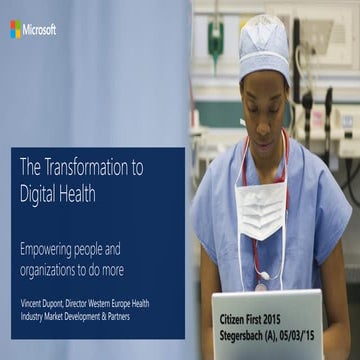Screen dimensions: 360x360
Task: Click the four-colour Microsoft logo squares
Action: (x=15, y=30)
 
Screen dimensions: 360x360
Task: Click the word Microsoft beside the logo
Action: (x=40, y=30)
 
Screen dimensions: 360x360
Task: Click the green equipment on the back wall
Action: (x=215, y=40)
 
